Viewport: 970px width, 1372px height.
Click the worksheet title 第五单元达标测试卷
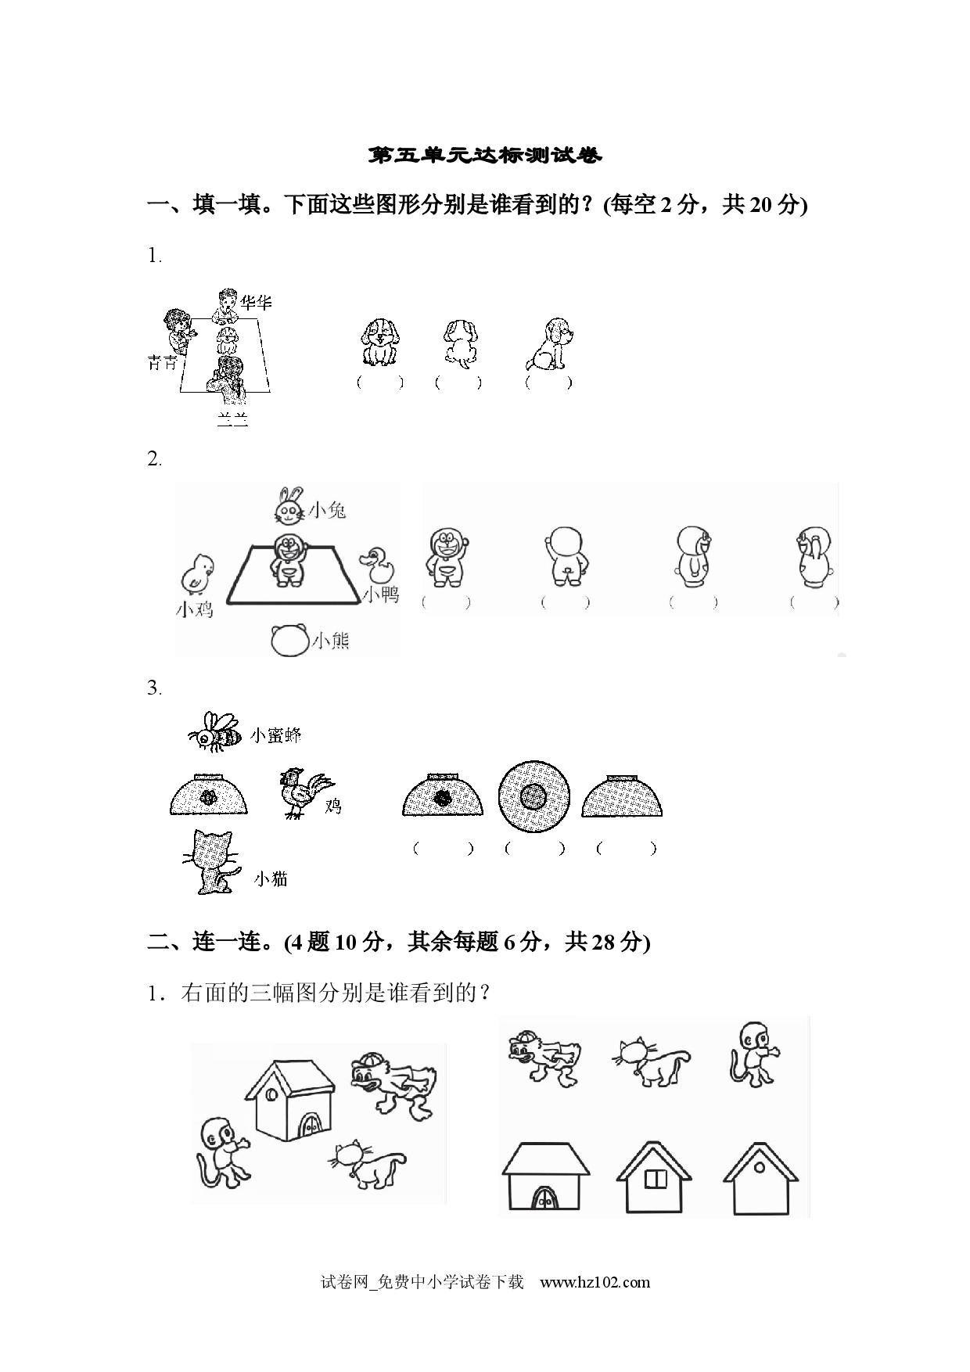point(485,156)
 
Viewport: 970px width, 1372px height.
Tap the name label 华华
point(256,303)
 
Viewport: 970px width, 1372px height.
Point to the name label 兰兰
point(232,421)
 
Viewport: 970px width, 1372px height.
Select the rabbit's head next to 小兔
point(289,506)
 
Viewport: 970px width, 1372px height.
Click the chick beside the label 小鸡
point(197,574)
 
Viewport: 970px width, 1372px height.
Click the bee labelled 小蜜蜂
point(214,731)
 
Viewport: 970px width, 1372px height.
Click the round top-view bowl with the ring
point(534,797)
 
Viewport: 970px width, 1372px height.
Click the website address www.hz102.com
point(595,1282)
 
